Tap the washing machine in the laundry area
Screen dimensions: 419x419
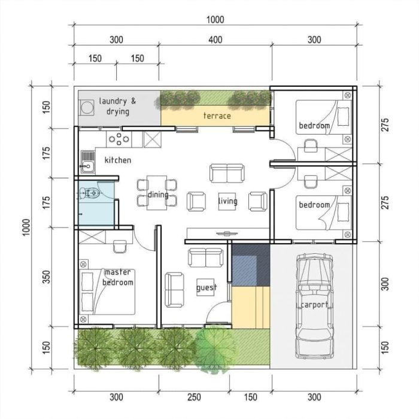coord(88,107)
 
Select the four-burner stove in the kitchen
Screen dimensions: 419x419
coord(119,139)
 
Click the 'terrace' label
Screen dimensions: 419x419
coord(217,116)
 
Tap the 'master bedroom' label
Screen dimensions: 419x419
coord(117,277)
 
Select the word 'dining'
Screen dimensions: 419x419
coord(158,195)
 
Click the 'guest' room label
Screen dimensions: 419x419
coord(207,288)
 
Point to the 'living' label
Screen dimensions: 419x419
coord(227,201)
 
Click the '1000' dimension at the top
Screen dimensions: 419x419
coord(215,20)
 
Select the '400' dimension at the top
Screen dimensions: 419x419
coord(215,40)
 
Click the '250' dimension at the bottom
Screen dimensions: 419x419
coord(193,397)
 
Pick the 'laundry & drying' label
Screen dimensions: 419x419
coord(117,106)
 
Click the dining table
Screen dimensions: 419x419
coord(157,192)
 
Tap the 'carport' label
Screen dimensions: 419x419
coord(314,305)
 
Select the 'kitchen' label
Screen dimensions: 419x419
coord(117,160)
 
